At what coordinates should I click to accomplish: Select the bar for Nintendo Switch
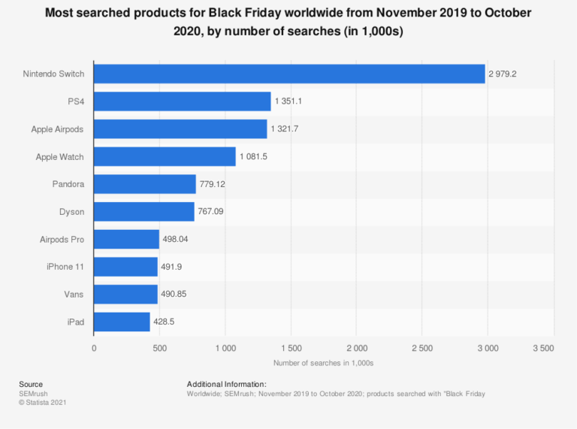289,74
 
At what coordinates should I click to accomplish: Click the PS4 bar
183,101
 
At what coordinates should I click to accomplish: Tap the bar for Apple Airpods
180,129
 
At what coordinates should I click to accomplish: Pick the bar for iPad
122,322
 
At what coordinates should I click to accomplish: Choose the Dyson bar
144,212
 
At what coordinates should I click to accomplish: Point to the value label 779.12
213,184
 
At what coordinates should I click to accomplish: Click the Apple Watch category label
59,157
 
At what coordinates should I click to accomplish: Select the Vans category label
73,295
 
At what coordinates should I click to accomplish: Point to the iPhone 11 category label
65,267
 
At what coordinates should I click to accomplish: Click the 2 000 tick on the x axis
356,349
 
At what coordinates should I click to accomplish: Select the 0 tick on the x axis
94,349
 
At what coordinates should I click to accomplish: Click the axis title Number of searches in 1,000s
323,363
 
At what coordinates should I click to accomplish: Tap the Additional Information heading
226,384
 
